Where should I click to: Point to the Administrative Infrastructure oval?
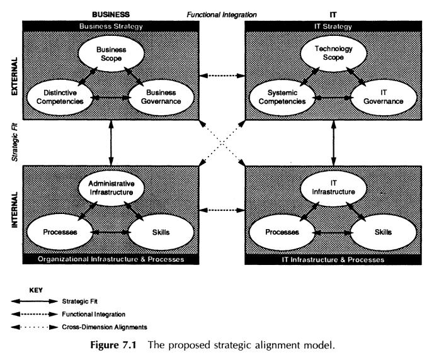click(x=111, y=187)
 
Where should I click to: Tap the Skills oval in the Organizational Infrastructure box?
click(x=159, y=232)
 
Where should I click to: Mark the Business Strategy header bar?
click(x=111, y=26)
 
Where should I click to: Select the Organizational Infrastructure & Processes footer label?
click(x=111, y=259)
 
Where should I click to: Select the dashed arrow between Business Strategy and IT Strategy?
click(x=222, y=77)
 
